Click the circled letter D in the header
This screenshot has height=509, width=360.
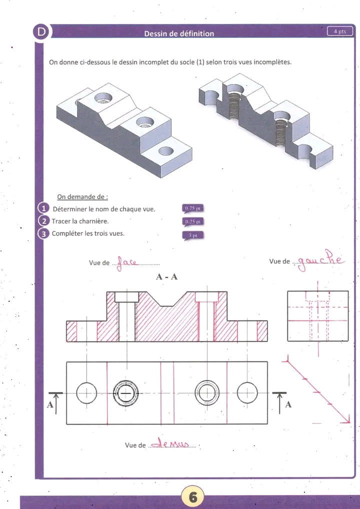coord(41,32)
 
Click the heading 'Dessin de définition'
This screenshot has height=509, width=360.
coord(179,33)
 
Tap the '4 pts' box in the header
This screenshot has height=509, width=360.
coord(340,31)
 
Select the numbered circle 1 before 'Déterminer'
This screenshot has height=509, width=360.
coord(43,208)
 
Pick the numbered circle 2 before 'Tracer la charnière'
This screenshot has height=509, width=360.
coord(43,221)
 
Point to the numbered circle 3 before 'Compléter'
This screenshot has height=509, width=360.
coord(43,233)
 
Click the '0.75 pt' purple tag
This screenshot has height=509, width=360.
coord(193,208)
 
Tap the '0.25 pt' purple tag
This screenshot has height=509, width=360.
coord(193,221)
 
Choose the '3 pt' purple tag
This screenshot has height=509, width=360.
coord(193,234)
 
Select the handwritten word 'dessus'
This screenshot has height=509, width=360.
coord(172,444)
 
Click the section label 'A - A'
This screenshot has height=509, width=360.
coord(167,277)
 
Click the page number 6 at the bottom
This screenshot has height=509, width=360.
coord(192,496)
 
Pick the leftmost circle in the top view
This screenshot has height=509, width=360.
coord(86,393)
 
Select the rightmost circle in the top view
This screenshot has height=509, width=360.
coord(247,393)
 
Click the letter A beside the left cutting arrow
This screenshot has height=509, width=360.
coord(50,405)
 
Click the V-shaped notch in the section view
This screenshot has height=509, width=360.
coord(167,300)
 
